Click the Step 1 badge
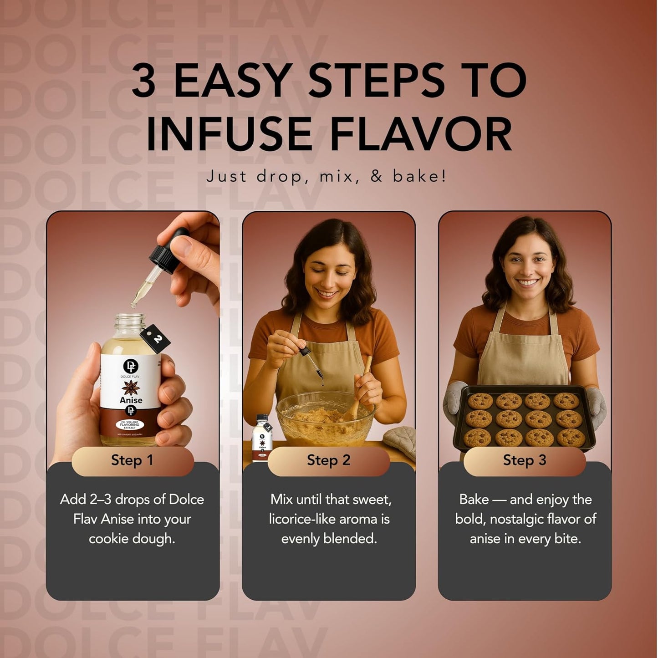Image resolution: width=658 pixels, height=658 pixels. coord(133,460)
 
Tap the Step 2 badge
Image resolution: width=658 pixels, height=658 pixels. coord(328,460)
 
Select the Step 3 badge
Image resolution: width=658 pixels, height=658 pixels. coord(524,460)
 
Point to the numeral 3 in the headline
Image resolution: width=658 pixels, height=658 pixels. coord(144,81)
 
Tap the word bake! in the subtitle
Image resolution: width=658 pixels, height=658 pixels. coord(419,176)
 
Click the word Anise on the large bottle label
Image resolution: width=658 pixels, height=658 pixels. coord(131,400)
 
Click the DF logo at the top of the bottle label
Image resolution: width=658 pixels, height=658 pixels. coord(131,366)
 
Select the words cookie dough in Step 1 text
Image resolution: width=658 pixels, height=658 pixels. coord(132,539)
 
